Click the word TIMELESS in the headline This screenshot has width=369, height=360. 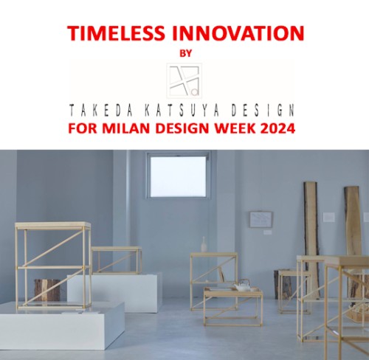pyautogui.click(x=116, y=33)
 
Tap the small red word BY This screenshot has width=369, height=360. pyautogui.click(x=186, y=53)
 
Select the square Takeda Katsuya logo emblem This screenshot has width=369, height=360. pyautogui.click(x=184, y=80)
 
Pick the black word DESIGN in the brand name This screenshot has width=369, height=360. pyautogui.click(x=263, y=110)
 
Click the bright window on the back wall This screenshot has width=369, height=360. pyautogui.click(x=178, y=176)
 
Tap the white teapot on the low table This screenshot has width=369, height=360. pyautogui.click(x=242, y=285)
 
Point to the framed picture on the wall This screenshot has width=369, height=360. pyautogui.click(x=261, y=220)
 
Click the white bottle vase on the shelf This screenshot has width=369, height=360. pyautogui.click(x=204, y=244)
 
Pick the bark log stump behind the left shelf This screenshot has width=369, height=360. pyautogui.click(x=47, y=290)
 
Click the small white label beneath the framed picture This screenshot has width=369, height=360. pyautogui.click(x=268, y=232)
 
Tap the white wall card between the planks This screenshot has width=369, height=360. pyautogui.click(x=329, y=217)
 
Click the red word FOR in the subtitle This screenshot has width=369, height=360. pyautogui.click(x=83, y=128)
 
